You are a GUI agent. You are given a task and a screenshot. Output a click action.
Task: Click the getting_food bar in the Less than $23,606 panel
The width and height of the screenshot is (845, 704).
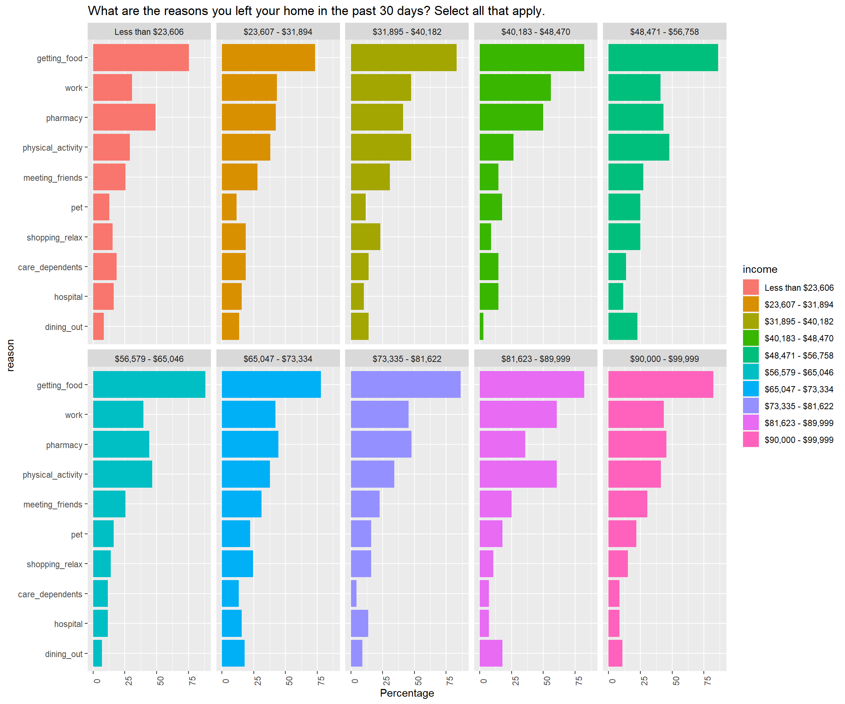coord(141,58)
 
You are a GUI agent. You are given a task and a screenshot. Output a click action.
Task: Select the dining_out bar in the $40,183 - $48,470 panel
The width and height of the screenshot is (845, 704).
coord(481,326)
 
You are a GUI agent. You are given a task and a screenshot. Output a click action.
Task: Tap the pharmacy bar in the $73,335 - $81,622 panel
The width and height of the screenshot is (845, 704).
coord(381,444)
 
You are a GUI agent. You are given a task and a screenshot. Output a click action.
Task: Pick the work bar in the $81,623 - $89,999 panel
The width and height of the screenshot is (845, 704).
coord(518,414)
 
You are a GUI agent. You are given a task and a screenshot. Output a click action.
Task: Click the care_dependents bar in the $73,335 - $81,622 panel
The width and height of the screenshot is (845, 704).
coord(353,593)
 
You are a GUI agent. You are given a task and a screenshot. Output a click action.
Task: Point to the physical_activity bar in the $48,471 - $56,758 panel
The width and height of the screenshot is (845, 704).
coord(639,147)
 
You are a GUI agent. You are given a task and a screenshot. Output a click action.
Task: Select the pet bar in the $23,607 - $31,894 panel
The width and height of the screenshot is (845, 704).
coord(229,207)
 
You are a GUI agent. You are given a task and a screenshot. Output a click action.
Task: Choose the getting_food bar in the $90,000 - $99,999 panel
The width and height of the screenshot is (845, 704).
coord(660,385)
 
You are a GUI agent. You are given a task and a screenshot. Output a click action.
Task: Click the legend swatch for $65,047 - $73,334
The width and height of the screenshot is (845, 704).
coord(750,389)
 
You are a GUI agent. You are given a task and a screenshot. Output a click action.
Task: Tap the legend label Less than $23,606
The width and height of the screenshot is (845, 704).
coord(799,287)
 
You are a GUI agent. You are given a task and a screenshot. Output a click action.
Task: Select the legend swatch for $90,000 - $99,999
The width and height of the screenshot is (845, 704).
coord(750,440)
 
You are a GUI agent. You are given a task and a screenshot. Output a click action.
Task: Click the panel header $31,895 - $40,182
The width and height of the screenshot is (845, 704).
coord(407,32)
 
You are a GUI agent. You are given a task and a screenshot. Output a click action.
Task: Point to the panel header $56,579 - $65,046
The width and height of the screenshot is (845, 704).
coord(149,359)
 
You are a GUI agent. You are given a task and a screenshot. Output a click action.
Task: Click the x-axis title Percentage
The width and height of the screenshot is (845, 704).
coord(407,693)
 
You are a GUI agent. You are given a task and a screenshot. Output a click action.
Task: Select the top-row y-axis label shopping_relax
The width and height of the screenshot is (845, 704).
coord(54,237)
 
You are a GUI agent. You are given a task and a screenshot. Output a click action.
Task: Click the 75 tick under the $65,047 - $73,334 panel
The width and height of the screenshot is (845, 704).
coord(321,681)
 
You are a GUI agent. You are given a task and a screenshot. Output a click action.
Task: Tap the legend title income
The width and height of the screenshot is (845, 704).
coord(760,269)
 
